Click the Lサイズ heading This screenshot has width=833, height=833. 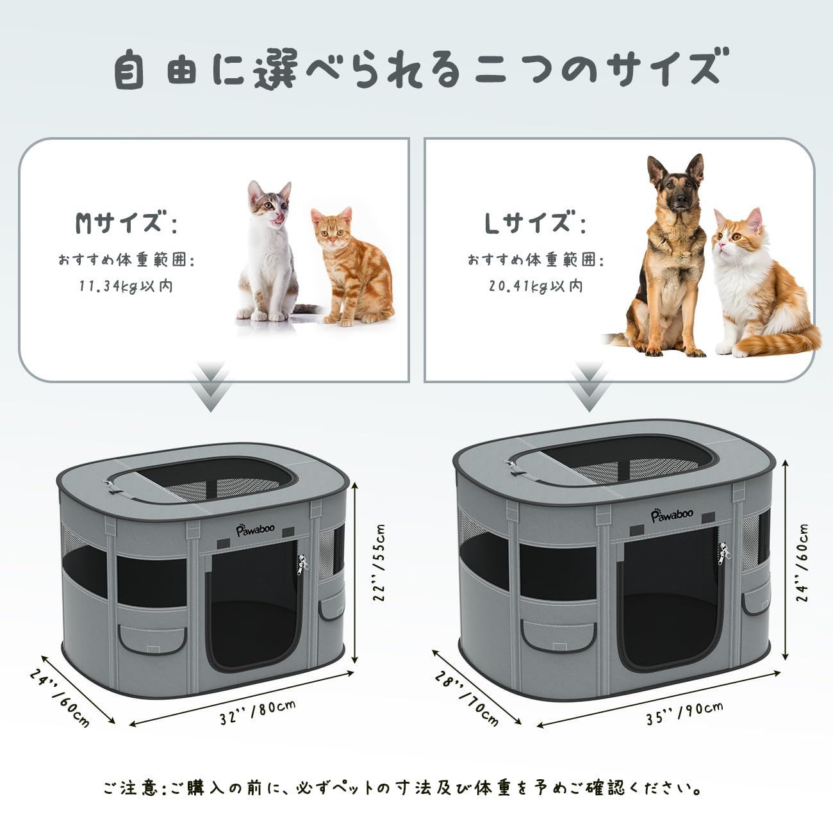click(x=535, y=222)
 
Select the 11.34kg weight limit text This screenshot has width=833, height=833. click(x=126, y=286)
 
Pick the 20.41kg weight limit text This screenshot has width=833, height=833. click(x=536, y=286)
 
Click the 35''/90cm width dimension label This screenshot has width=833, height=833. click(x=684, y=713)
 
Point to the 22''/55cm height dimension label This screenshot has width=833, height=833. click(x=379, y=563)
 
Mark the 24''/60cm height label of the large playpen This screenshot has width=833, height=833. click(x=802, y=563)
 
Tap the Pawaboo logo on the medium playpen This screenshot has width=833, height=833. click(x=255, y=530)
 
